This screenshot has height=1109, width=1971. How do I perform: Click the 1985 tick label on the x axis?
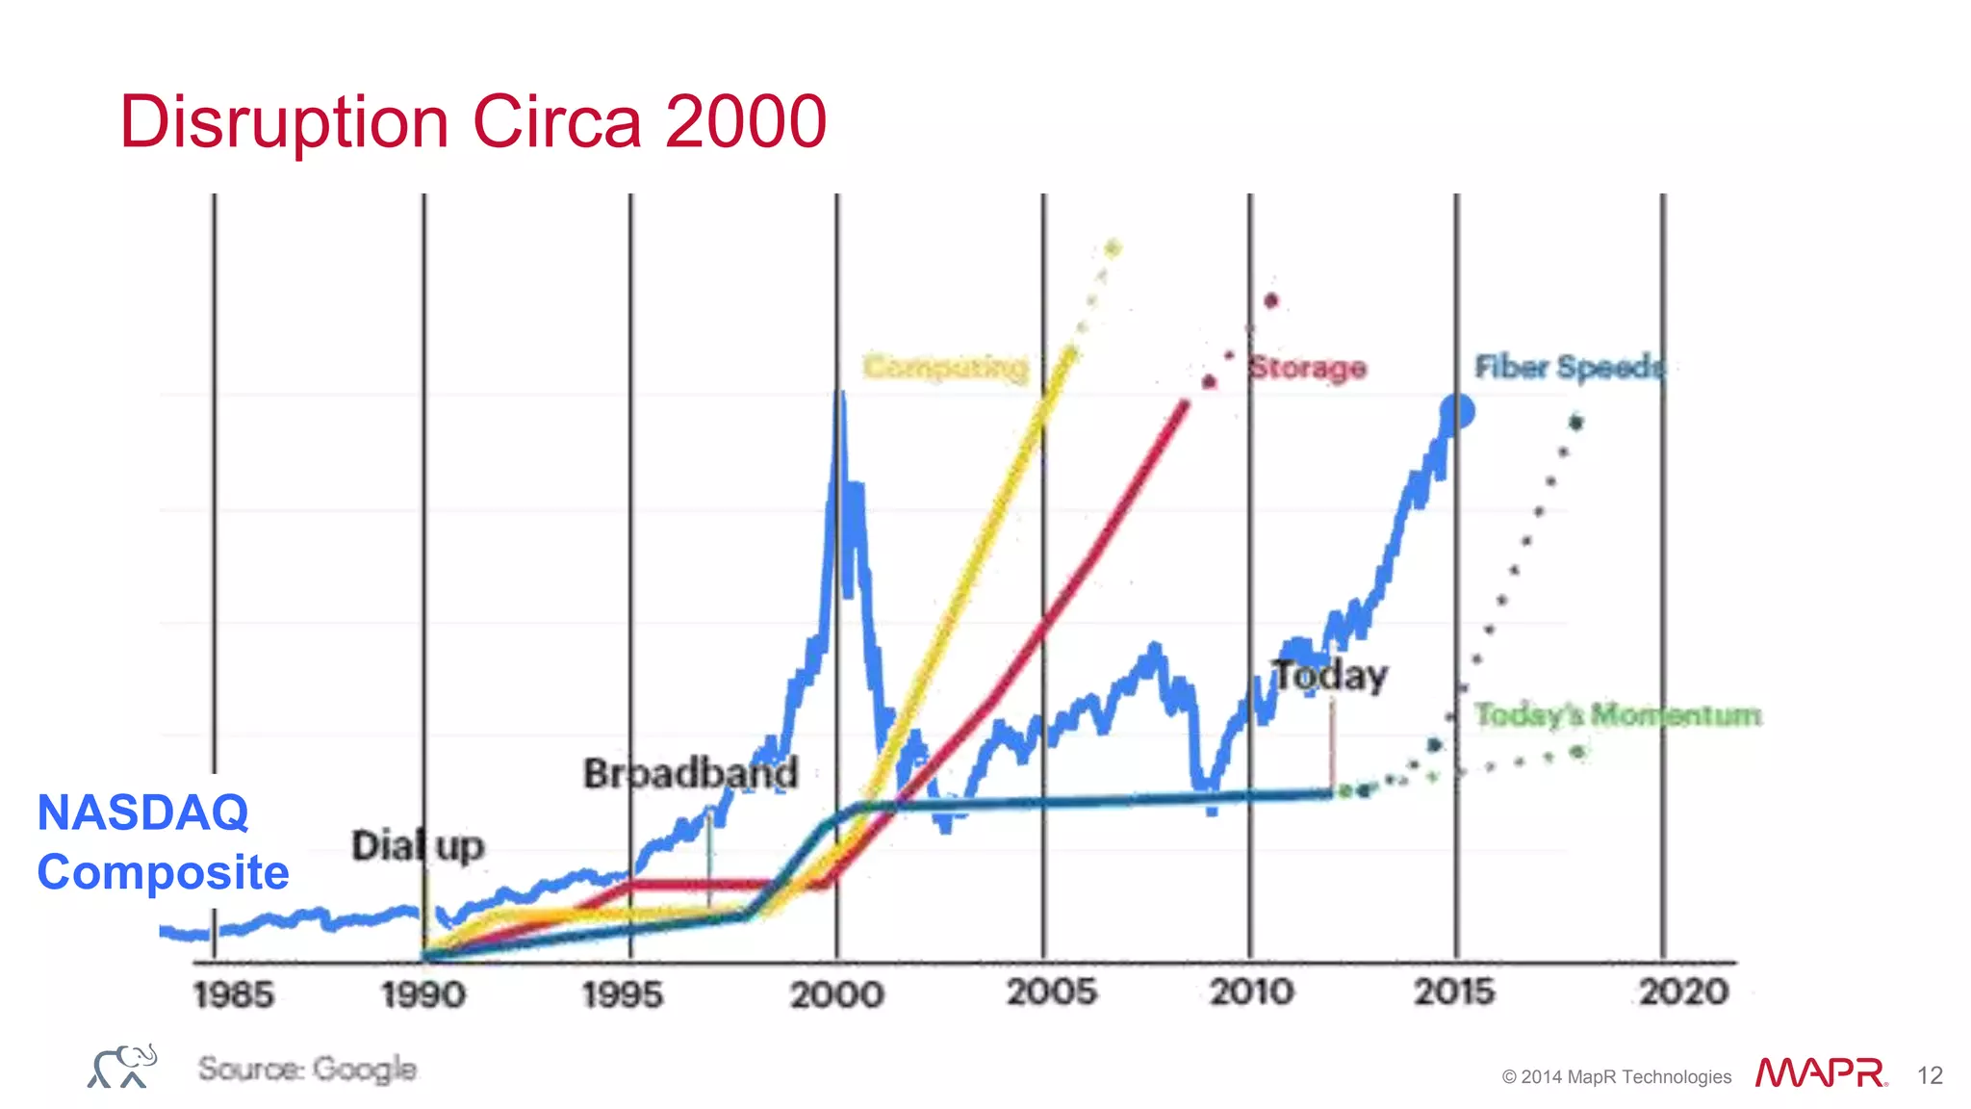point(233,994)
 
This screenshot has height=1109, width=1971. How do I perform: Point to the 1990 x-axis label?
point(423,994)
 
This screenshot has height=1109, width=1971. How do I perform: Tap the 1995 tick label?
point(623,994)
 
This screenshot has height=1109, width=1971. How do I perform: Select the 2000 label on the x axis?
point(837,994)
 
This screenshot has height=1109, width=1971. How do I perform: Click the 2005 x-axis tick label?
point(1051,993)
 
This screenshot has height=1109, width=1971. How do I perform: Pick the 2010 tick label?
point(1251,993)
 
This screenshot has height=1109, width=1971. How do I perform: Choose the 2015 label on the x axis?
point(1454,993)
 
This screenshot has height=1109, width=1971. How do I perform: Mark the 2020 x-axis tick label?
point(1683,993)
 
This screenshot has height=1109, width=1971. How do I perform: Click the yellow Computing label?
point(945,368)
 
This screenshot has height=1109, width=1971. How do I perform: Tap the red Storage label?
point(1307,368)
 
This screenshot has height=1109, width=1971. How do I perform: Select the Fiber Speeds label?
point(1569,367)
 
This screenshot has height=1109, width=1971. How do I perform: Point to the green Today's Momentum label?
point(1618,714)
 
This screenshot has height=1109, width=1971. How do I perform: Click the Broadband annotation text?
point(691,773)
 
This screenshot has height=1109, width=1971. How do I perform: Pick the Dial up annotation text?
point(418,846)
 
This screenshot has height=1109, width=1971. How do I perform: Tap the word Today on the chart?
point(1330,676)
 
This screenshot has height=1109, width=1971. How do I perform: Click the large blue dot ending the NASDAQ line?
point(1457,412)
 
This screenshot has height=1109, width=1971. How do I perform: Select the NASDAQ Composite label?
point(163,842)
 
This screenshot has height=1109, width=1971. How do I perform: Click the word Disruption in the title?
point(285,122)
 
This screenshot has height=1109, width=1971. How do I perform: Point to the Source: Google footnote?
point(307,1069)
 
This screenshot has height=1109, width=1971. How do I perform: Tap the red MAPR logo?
point(1820,1073)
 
